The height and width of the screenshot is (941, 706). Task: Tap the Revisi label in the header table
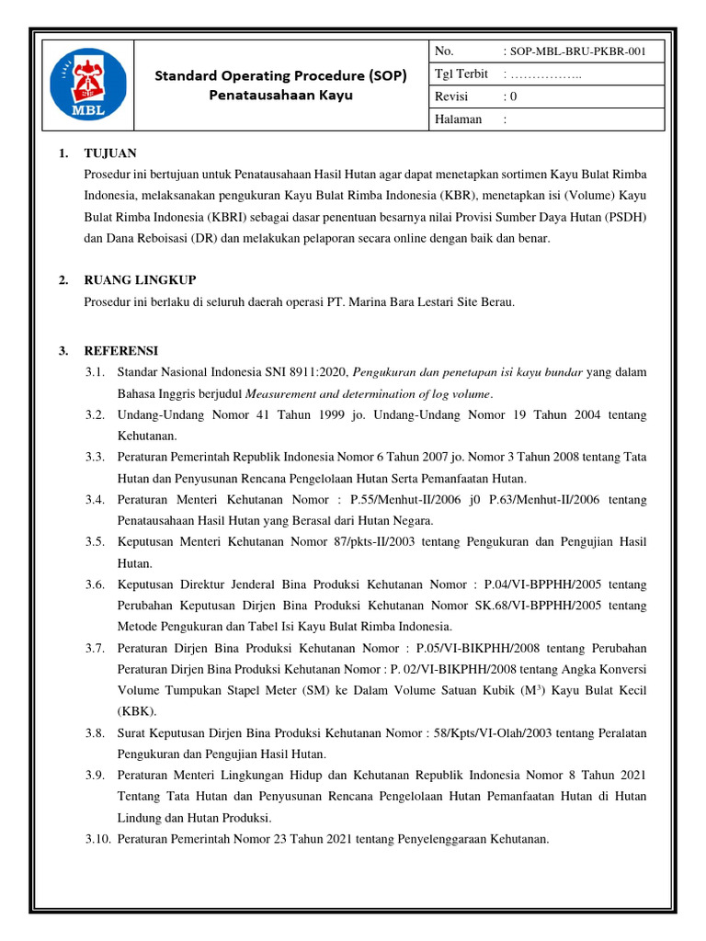[450, 96]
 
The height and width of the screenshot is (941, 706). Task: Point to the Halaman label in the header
[457, 119]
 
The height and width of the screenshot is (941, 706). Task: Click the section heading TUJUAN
[110, 153]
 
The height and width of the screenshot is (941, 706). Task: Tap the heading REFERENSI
[121, 350]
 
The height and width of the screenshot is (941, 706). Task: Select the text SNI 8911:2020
[306, 371]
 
